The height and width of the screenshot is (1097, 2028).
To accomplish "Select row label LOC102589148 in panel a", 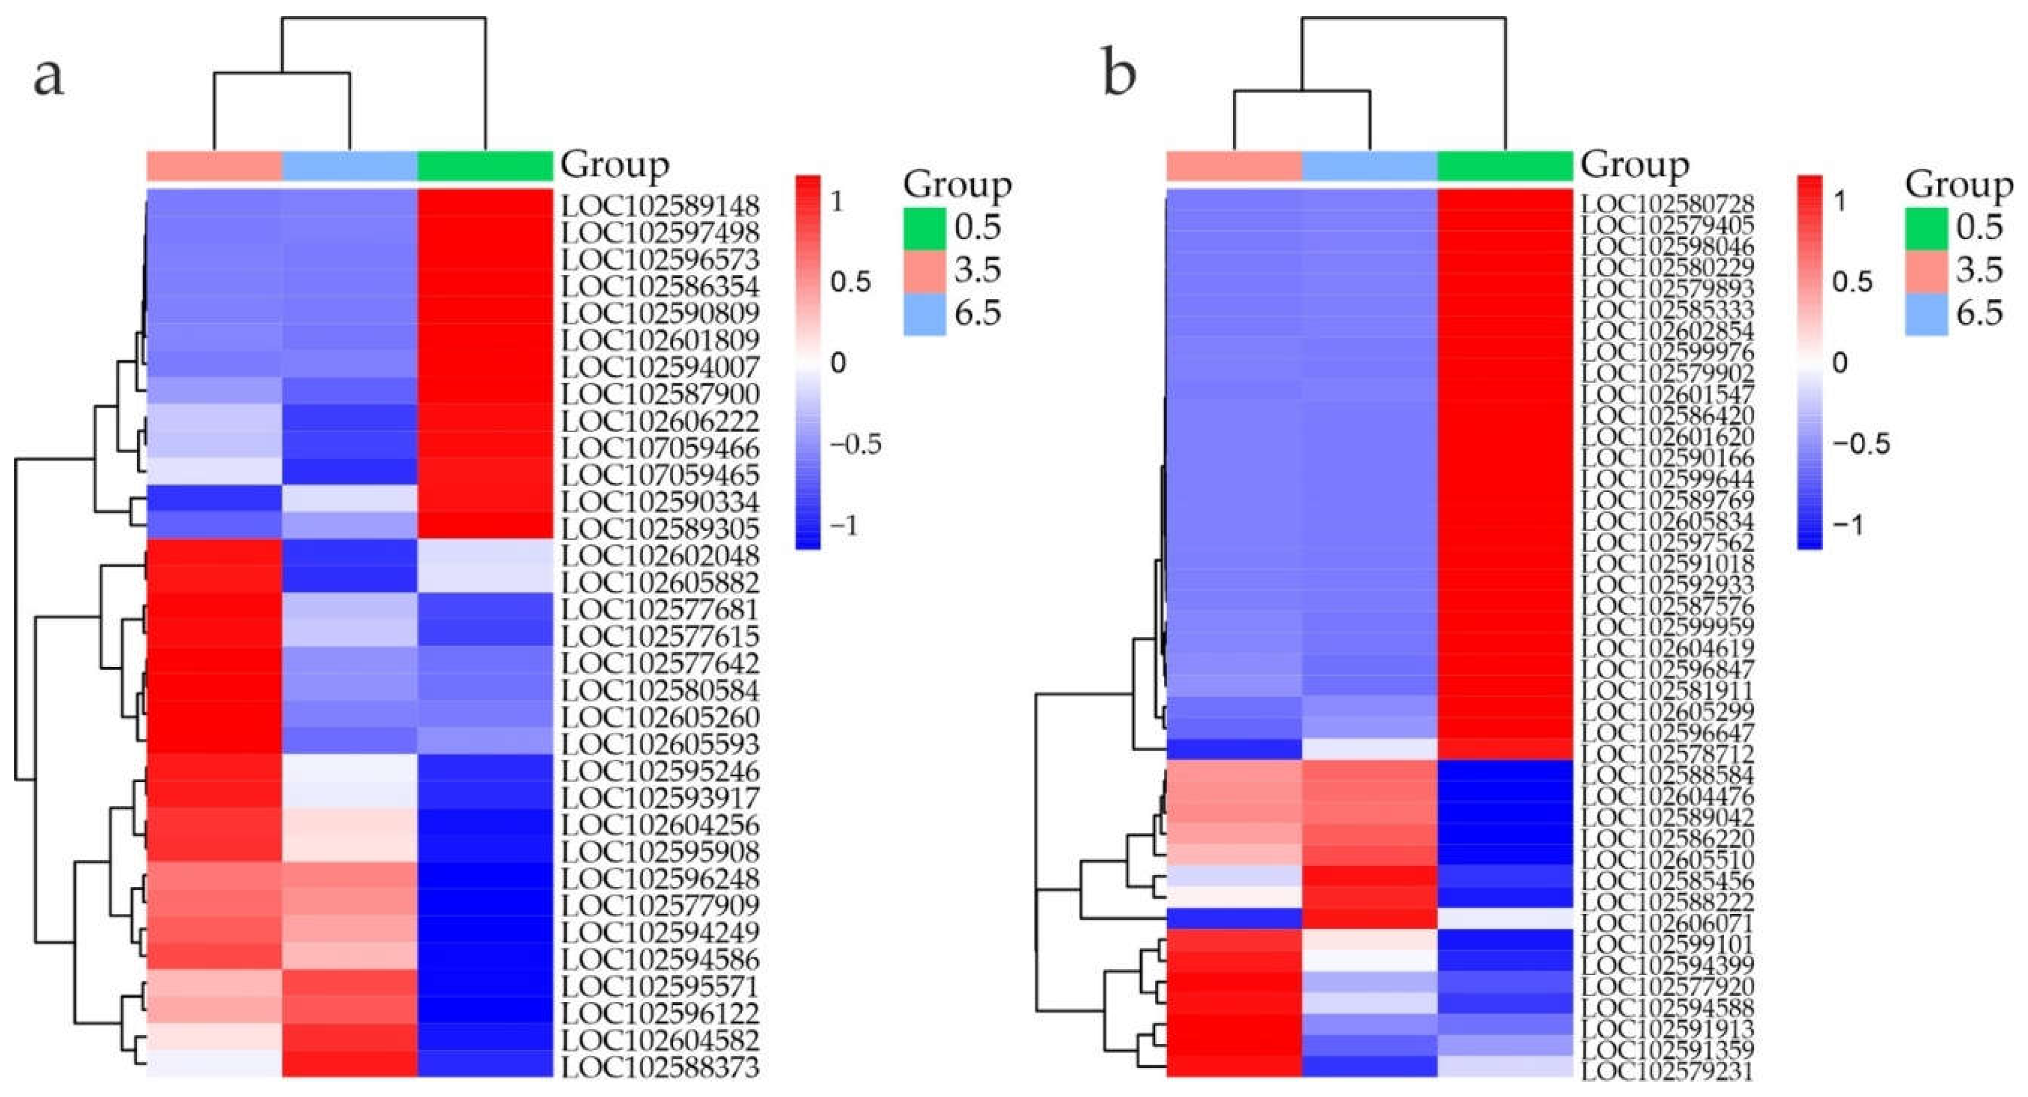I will point(660,206).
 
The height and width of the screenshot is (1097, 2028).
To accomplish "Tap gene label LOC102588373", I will point(660,1067).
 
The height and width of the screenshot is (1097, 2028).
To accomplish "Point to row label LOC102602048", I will point(660,556).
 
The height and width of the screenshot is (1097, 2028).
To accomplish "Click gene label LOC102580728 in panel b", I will point(1668,204).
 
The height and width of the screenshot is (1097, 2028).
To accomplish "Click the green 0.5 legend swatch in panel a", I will point(924,228).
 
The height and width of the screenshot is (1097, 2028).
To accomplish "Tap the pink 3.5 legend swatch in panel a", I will point(924,272).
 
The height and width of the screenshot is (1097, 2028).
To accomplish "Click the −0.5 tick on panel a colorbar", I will point(855,444).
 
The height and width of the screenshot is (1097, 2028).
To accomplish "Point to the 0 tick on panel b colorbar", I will point(1840,363).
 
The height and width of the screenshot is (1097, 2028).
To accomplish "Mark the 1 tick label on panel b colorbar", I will point(1840,201).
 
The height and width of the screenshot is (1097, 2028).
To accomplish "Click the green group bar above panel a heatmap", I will point(485,165).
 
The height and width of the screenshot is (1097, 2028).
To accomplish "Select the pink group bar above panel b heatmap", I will point(1233,165).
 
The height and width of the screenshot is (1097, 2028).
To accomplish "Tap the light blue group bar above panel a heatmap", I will point(350,165).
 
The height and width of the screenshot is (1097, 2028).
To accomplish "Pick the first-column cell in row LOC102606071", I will point(1233,918).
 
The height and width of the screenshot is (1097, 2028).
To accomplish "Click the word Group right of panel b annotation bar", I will point(1635,165).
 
